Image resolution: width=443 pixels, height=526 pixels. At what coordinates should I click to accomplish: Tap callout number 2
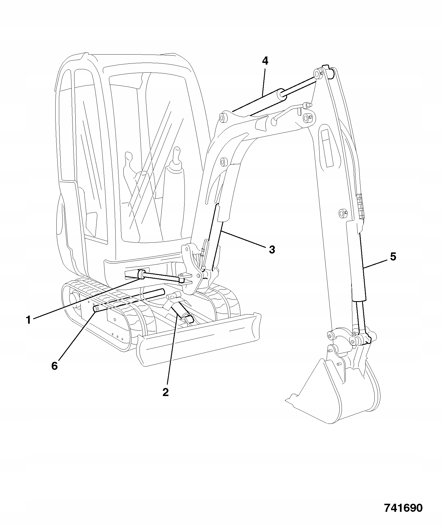click(x=165, y=392)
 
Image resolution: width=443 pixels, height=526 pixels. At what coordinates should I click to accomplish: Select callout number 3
click(x=272, y=249)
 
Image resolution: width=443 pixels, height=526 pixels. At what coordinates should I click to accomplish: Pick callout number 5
click(x=393, y=257)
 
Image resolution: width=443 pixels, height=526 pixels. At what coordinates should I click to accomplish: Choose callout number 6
click(x=54, y=366)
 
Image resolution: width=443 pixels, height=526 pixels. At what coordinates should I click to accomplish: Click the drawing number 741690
click(x=403, y=508)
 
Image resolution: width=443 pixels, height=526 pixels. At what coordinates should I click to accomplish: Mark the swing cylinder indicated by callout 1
click(x=161, y=278)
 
